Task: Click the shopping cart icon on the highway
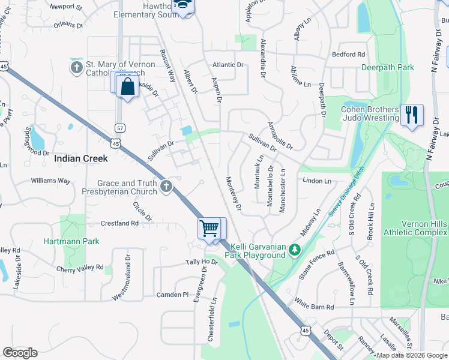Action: [209, 228]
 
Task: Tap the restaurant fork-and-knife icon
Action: [411, 115]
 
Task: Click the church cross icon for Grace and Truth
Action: [166, 187]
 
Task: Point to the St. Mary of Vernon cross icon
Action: [77, 68]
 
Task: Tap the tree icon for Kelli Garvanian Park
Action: [294, 249]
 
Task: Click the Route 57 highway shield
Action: [120, 128]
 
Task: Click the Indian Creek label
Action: [81, 159]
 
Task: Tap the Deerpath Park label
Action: [388, 67]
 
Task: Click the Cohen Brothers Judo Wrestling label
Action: [370, 113]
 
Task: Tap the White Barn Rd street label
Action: [313, 307]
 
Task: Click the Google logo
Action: [20, 353]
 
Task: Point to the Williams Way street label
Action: [51, 180]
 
